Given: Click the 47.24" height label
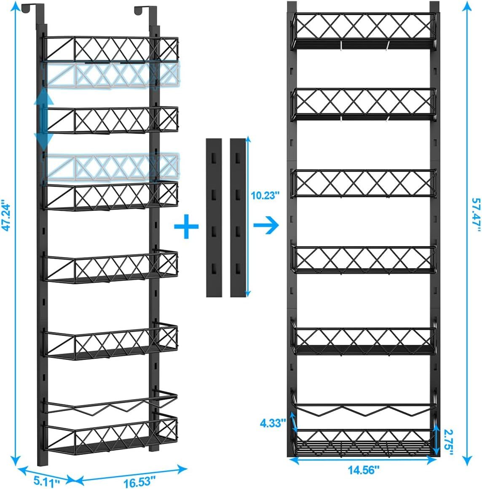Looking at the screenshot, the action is pos(6,218).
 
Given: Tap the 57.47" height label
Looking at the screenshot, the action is pos(476,215).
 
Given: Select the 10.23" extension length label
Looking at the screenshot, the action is pos(265,196).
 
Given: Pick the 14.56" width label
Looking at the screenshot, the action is pos(364,470).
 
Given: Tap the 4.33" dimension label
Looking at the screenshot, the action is pos(273,423).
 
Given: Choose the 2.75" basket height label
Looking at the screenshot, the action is pos(448,443).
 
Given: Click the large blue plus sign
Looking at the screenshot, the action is pos(186,226).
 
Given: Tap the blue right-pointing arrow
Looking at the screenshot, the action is pos(266,225).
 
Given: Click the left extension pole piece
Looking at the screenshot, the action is pos(214,218).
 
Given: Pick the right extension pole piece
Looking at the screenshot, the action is pos(238,218).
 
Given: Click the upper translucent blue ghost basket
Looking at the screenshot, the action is pos(112,75).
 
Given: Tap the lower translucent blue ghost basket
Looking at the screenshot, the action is pos(112,167).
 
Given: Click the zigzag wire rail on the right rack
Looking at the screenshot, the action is pos(364,406).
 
